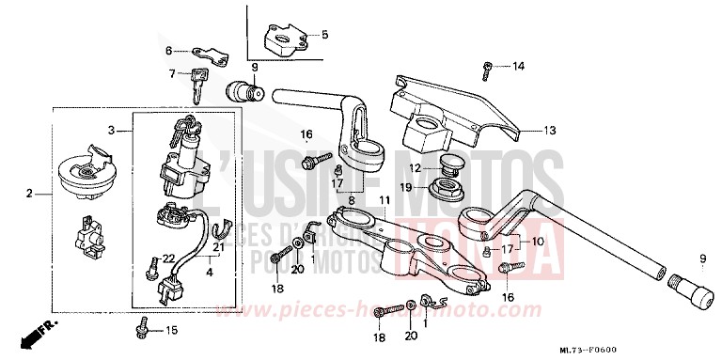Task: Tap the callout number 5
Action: click(x=324, y=35)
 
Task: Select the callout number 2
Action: click(x=29, y=194)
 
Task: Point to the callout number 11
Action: click(x=384, y=200)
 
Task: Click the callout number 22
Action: click(x=169, y=258)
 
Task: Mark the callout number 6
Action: click(x=170, y=50)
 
